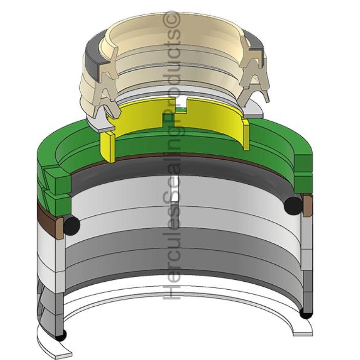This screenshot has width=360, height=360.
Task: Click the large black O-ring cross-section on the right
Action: pos(293,205)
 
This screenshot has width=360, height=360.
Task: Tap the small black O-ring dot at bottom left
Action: pos(61,336)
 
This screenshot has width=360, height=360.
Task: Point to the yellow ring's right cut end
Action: pos(245,132)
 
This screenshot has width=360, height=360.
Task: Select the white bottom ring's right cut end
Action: pos(302,330)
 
